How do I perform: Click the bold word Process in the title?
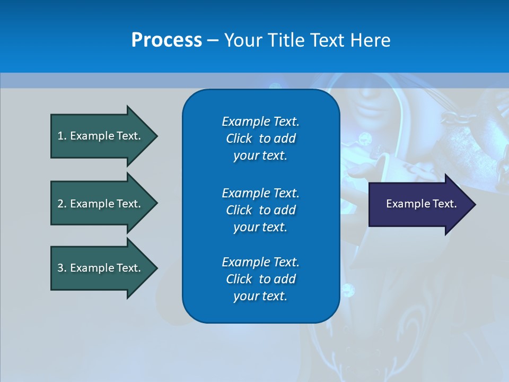pos(166,40)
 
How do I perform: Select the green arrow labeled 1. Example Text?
pos(101,136)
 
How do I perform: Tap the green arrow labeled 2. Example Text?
pos(101,204)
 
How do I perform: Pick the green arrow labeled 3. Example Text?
pos(101,268)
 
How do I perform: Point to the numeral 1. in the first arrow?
pos(62,136)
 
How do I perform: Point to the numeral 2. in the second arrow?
pos(62,204)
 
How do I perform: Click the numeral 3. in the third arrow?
pos(62,268)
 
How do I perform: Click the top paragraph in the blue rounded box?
pos(260,138)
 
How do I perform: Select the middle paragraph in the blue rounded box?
pos(260,210)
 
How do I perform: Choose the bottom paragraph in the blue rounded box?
pos(260,279)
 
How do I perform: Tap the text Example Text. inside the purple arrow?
pos(421,204)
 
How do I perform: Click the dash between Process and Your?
pos(213,40)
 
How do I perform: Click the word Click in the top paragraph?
pos(239,138)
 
